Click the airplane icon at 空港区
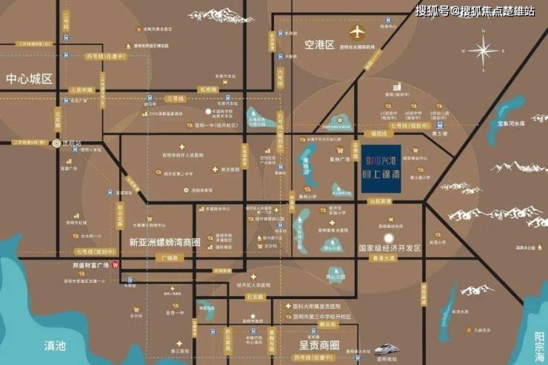click(358, 33)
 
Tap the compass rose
click(484, 51)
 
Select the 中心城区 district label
click(30, 78)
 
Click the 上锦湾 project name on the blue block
click(383, 177)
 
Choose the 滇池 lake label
click(55, 345)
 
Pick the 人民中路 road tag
click(82, 90)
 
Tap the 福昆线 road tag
click(379, 135)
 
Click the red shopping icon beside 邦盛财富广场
click(114, 265)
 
